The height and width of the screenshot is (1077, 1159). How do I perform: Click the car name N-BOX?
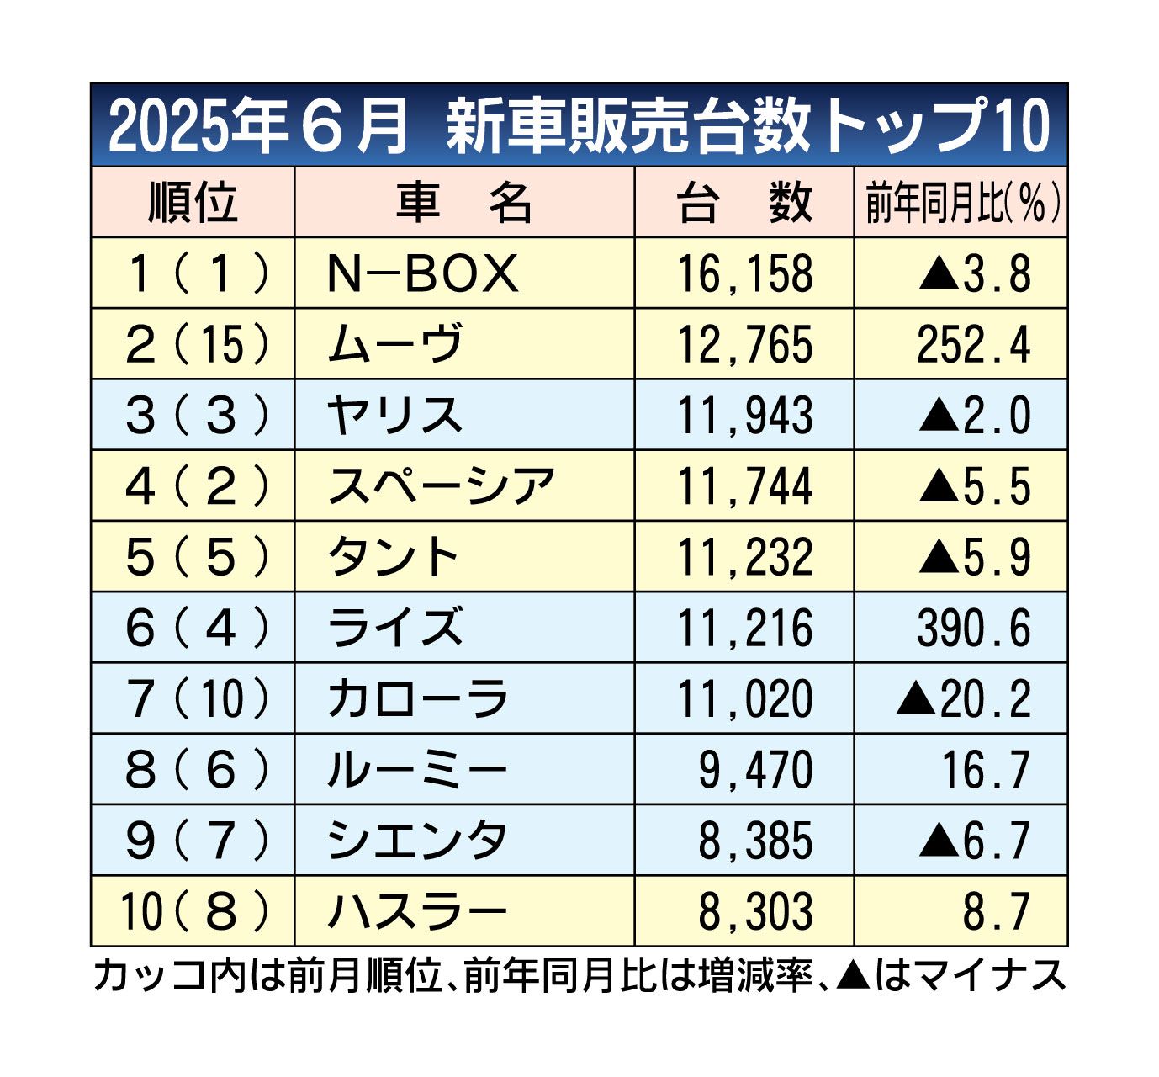pos(422,273)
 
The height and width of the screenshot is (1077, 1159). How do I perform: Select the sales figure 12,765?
pos(745,344)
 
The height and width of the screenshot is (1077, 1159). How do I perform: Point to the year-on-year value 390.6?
pos(973,628)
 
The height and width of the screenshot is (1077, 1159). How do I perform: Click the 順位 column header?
pos(193,203)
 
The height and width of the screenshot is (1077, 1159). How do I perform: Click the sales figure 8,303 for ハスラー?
pos(756,911)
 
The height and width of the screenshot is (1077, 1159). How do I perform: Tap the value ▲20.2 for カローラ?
pos(963,698)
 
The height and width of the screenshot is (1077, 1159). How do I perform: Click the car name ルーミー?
pos(417,770)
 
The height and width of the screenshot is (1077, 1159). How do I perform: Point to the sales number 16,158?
pos(745,273)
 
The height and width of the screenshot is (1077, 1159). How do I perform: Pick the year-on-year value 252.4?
pos(973,344)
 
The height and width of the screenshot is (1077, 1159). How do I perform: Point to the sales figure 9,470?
pos(756,770)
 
